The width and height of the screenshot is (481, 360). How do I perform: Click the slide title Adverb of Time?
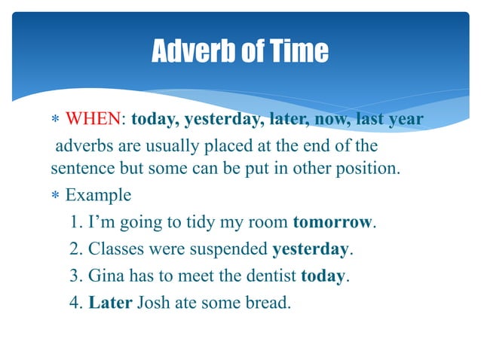point(240,50)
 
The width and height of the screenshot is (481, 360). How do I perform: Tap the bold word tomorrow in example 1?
point(332,222)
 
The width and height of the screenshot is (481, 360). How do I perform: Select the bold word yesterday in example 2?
point(310,249)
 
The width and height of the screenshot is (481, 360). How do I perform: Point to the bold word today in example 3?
point(323,276)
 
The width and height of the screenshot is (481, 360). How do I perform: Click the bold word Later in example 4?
point(110,303)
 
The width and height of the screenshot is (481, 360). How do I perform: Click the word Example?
point(98,195)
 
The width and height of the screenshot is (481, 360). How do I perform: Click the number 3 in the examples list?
point(74,276)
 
